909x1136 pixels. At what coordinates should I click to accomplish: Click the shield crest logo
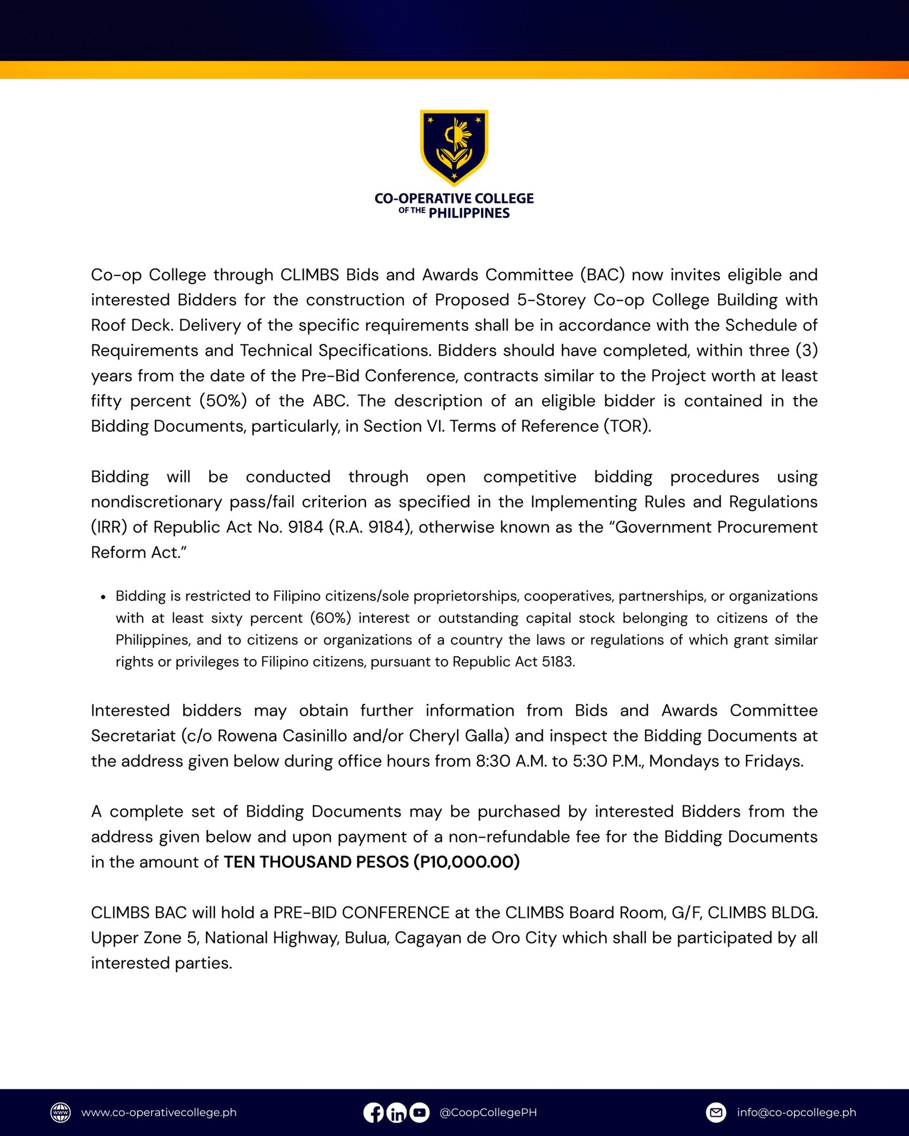tap(454, 147)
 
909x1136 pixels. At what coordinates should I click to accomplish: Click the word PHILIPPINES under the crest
tap(469, 213)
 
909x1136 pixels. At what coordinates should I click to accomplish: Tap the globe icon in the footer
tap(61, 1112)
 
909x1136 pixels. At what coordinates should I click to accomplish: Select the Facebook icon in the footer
tap(373, 1112)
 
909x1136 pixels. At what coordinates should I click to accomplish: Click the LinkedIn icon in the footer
tap(397, 1112)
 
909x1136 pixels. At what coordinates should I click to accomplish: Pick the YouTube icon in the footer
tap(419, 1112)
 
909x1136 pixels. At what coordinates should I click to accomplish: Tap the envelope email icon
tap(716, 1112)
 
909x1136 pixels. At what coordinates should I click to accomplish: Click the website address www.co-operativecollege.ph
tap(159, 1112)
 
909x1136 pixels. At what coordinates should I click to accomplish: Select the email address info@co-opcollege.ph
tap(796, 1112)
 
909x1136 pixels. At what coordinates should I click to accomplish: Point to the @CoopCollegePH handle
tap(488, 1112)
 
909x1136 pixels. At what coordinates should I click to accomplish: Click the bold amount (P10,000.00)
tap(466, 862)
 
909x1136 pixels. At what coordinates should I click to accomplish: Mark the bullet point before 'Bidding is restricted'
tap(103, 597)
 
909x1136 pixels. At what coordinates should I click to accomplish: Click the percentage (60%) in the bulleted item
tap(331, 618)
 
